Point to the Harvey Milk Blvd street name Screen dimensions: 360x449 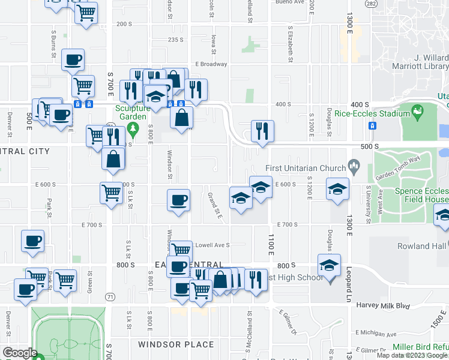(x=390, y=305)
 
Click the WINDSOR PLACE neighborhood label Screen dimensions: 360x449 (x=176, y=344)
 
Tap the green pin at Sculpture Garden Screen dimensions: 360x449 (x=135, y=127)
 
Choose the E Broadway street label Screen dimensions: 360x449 (x=211, y=64)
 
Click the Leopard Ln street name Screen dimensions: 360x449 (x=349, y=284)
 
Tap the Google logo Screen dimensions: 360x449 (x=20, y=353)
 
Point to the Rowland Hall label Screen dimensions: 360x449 (x=422, y=246)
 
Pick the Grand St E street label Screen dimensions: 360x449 (x=215, y=205)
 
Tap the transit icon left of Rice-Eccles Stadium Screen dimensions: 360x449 (x=372, y=125)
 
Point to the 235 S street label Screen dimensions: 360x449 (x=175, y=40)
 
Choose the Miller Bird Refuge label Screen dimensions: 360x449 (x=420, y=347)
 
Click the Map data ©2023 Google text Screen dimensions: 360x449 (x=411, y=355)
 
